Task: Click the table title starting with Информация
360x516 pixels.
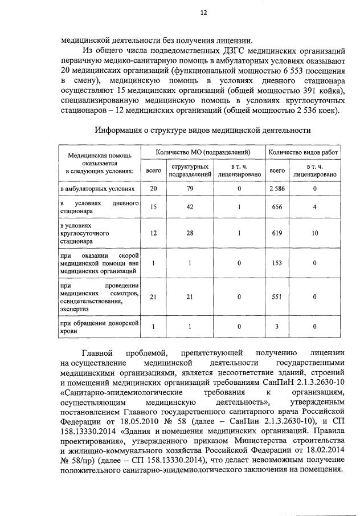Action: point(203,131)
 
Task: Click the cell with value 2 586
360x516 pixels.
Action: point(277,188)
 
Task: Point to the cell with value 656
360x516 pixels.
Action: point(277,208)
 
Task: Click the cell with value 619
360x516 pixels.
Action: point(277,234)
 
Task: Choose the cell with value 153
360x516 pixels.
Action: point(277,263)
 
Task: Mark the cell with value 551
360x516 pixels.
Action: point(277,296)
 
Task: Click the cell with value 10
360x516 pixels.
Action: point(314,234)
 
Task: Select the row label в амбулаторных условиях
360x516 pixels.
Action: point(97,188)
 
